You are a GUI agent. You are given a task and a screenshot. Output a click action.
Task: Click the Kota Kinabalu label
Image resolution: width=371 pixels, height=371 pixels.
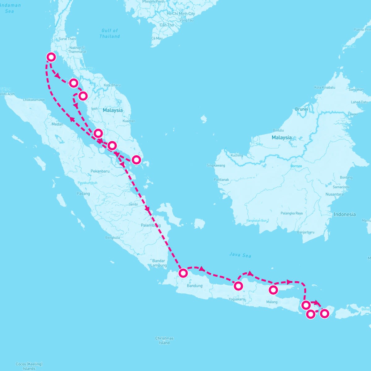click(325, 87)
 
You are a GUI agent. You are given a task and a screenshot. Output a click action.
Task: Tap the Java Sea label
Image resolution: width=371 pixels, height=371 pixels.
click(240, 255)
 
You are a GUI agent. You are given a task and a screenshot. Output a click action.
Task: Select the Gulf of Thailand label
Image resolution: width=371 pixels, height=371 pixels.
click(110, 33)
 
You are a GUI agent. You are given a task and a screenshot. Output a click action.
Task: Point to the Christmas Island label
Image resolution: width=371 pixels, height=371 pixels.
click(164, 340)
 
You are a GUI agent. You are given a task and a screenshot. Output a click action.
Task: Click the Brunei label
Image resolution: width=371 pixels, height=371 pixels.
click(301, 109)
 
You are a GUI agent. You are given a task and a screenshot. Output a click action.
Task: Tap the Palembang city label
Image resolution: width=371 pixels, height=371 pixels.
click(151, 225)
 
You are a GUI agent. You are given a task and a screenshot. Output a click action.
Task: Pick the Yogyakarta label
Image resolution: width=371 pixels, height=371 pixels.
click(237, 299)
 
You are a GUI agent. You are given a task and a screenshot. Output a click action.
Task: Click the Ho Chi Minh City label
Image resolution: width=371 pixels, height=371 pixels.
click(181, 14)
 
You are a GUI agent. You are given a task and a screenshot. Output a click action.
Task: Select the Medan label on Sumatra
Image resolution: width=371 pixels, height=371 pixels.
click(57, 124)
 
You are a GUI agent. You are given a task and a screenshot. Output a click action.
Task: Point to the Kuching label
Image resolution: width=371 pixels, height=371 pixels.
click(237, 155)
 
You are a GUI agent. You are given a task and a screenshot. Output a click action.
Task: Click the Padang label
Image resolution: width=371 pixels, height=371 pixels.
click(83, 194)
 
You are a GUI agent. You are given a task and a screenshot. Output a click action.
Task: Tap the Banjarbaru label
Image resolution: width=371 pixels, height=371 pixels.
click(305, 232)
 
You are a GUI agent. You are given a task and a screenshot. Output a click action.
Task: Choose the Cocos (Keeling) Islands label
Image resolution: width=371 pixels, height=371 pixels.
click(29, 366)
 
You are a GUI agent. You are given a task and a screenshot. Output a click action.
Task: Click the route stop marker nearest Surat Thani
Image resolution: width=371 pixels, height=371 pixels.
click(51, 57)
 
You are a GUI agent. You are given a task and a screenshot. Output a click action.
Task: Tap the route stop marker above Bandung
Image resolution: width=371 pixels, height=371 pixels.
click(183, 273)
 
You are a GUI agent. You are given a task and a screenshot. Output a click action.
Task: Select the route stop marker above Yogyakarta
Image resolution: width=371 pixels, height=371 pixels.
click(238, 286)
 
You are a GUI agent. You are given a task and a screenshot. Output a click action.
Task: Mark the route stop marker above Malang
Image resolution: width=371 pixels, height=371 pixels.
click(273, 290)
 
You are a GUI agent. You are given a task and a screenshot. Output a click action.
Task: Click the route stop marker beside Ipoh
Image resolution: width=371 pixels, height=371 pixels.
click(83, 96)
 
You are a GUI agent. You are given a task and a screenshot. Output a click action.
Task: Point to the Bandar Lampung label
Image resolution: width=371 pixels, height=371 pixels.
click(159, 263)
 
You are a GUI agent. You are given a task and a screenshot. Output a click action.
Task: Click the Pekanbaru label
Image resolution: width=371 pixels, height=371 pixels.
click(100, 171)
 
